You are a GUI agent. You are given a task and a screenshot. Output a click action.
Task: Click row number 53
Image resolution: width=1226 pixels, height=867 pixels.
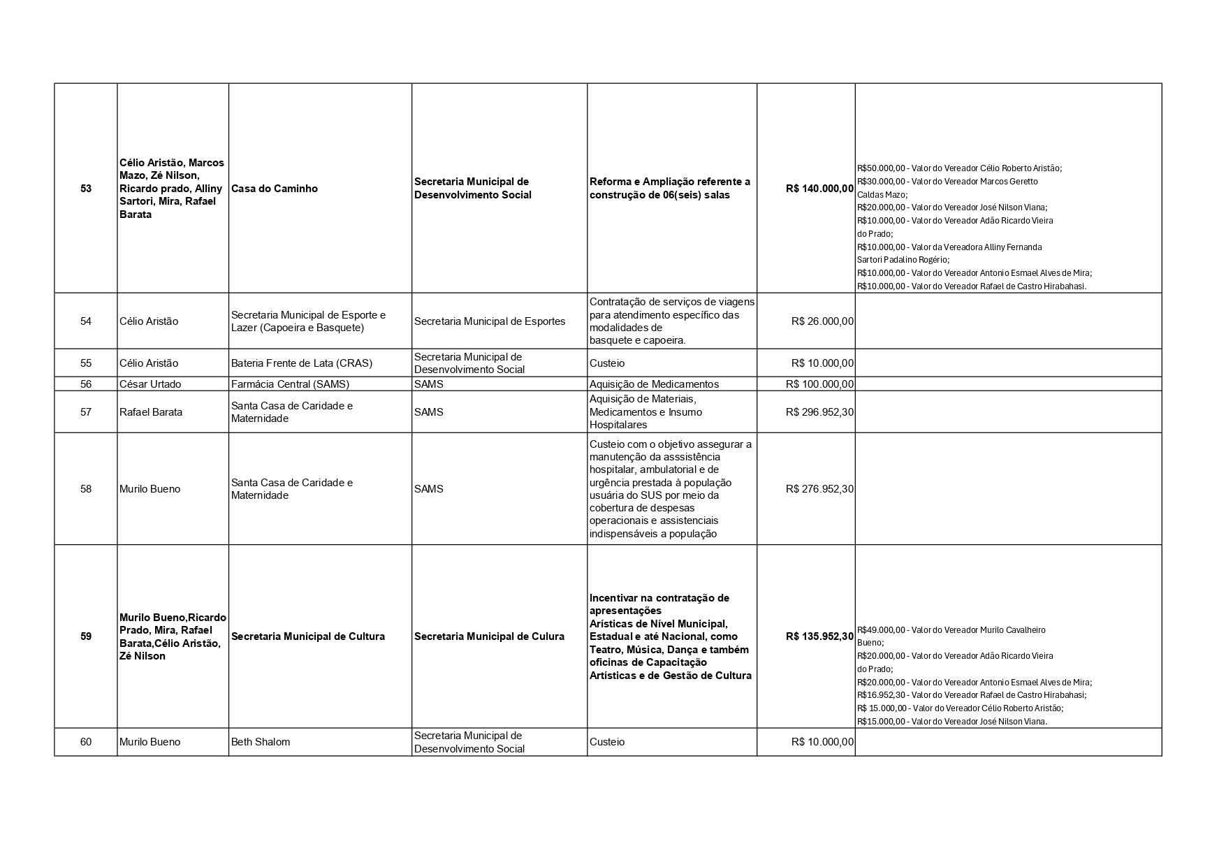click(86, 189)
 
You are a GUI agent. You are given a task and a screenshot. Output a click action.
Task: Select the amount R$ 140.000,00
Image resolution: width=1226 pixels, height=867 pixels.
click(819, 189)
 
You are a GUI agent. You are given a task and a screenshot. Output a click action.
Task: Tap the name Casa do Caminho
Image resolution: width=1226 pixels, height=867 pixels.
click(274, 189)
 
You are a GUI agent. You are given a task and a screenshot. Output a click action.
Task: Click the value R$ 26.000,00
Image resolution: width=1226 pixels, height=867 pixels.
click(822, 321)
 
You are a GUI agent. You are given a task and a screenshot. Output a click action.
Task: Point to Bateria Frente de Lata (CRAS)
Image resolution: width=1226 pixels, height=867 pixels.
click(301, 363)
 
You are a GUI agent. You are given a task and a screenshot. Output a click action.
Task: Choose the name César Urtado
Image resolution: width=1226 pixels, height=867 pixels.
click(150, 384)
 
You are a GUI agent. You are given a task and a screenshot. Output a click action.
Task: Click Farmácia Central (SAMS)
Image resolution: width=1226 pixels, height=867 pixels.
click(290, 384)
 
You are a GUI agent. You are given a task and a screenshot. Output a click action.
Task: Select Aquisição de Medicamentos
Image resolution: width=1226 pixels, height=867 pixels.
click(654, 384)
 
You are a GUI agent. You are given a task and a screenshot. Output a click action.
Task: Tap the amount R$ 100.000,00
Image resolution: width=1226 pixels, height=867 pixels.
click(819, 384)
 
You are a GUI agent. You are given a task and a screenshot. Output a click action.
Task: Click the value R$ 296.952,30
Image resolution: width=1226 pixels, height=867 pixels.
click(819, 412)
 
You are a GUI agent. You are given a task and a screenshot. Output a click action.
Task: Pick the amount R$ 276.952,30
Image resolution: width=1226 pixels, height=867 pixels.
click(819, 489)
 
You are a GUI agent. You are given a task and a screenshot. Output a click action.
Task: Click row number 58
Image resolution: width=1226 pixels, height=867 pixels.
click(86, 489)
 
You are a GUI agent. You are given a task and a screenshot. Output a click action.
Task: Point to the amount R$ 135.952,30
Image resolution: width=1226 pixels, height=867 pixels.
click(819, 636)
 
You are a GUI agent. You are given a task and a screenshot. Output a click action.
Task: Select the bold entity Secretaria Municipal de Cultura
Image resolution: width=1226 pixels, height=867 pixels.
click(307, 636)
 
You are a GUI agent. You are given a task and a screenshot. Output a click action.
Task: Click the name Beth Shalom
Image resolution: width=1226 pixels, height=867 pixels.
click(260, 742)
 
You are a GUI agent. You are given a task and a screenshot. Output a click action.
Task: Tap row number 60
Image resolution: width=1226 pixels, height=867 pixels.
click(86, 742)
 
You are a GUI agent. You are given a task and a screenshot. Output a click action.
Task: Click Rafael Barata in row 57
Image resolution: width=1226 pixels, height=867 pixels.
click(151, 412)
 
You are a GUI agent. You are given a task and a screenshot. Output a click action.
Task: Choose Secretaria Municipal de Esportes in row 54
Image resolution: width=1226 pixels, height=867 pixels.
click(490, 321)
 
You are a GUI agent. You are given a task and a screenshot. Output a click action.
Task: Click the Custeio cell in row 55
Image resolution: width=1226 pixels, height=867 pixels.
click(607, 363)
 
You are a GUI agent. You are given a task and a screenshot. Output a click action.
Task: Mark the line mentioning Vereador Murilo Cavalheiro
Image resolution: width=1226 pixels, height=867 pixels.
click(951, 630)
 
